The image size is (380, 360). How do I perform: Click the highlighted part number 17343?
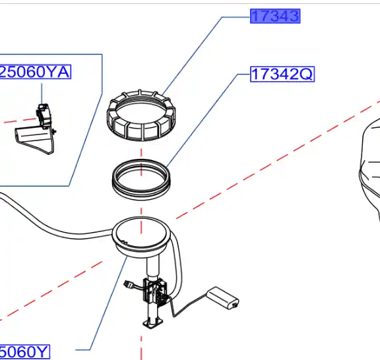pos(275,16)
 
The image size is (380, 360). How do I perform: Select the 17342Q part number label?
pos(282,74)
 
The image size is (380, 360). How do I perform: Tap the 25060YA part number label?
pos(35,72)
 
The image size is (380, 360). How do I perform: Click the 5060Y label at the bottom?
pos(24,352)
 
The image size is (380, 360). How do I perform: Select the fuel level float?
pos(222,298)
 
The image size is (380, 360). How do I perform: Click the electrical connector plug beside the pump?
pos(129,285)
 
